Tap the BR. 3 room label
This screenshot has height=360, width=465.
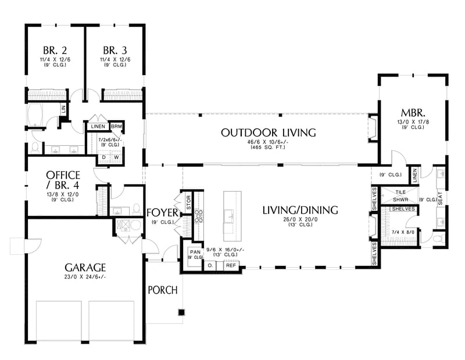115,49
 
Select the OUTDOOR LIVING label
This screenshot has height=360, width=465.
268,133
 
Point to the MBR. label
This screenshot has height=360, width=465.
414,112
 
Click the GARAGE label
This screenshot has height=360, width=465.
85,268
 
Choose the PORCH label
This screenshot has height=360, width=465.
162,290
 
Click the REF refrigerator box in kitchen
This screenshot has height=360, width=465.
231,265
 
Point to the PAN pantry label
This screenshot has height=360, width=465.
194,252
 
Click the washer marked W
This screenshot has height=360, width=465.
116,157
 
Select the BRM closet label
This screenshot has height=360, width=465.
116,126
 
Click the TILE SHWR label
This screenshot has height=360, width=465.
400,196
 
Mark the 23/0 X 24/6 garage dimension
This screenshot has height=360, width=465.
85,278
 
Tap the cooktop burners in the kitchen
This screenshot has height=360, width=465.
199,217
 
